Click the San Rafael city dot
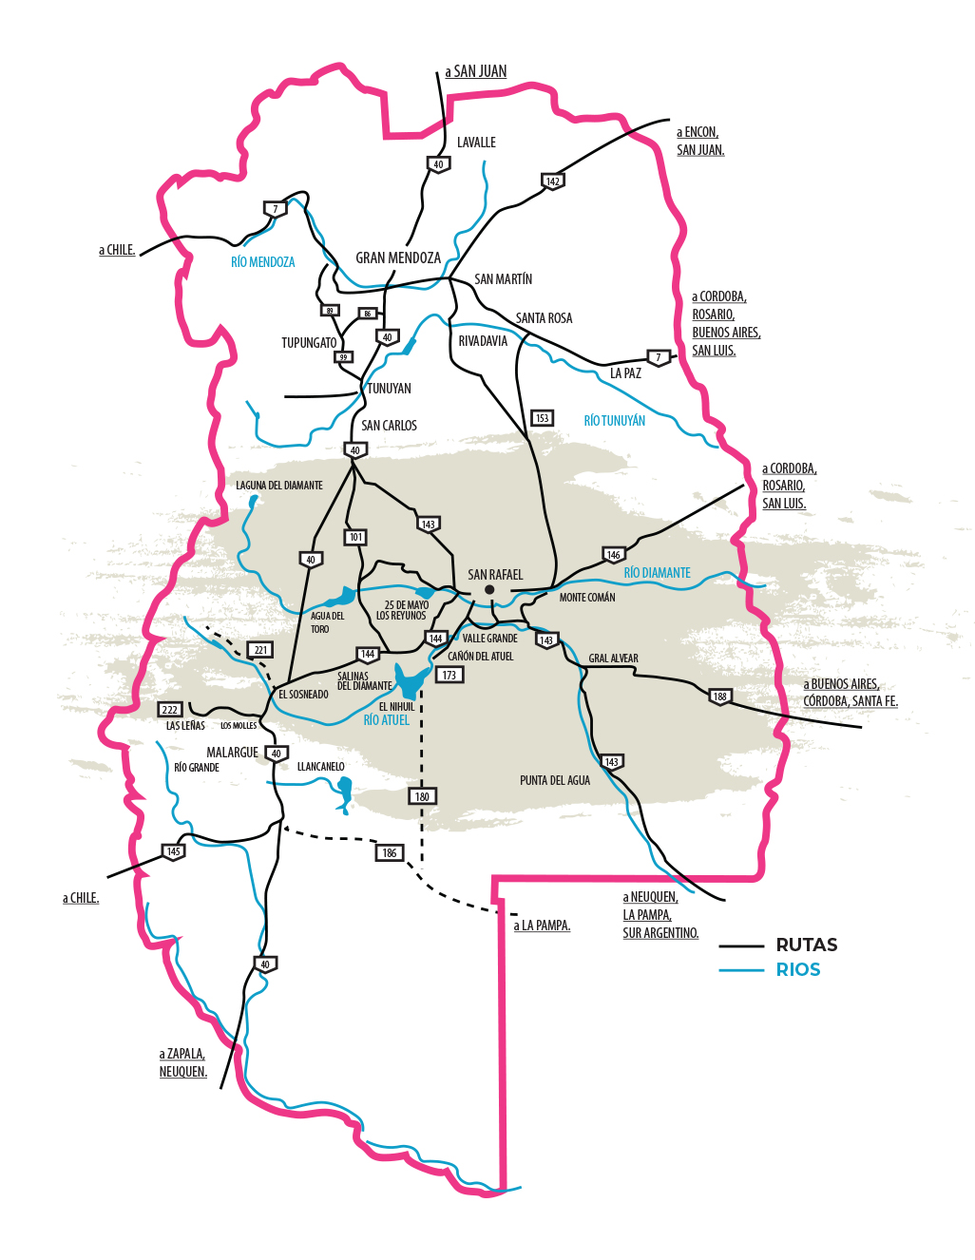(x=489, y=590)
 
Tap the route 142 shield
(x=552, y=181)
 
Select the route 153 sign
(x=542, y=418)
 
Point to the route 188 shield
(x=720, y=697)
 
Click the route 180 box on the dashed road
(x=422, y=796)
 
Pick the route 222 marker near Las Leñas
(x=170, y=710)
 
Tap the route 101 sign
(x=355, y=537)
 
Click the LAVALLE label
(x=476, y=143)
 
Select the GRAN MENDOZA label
(x=398, y=258)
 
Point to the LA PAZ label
(x=625, y=373)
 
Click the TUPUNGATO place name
(x=309, y=343)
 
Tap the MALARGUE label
(x=232, y=753)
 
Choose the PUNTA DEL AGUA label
(x=555, y=780)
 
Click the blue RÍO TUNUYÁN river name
(x=614, y=420)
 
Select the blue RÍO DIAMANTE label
(x=657, y=573)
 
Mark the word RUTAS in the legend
(x=807, y=945)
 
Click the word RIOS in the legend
(x=798, y=969)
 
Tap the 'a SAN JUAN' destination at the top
(x=476, y=71)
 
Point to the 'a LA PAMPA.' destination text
(x=542, y=926)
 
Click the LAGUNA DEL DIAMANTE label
(x=279, y=486)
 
